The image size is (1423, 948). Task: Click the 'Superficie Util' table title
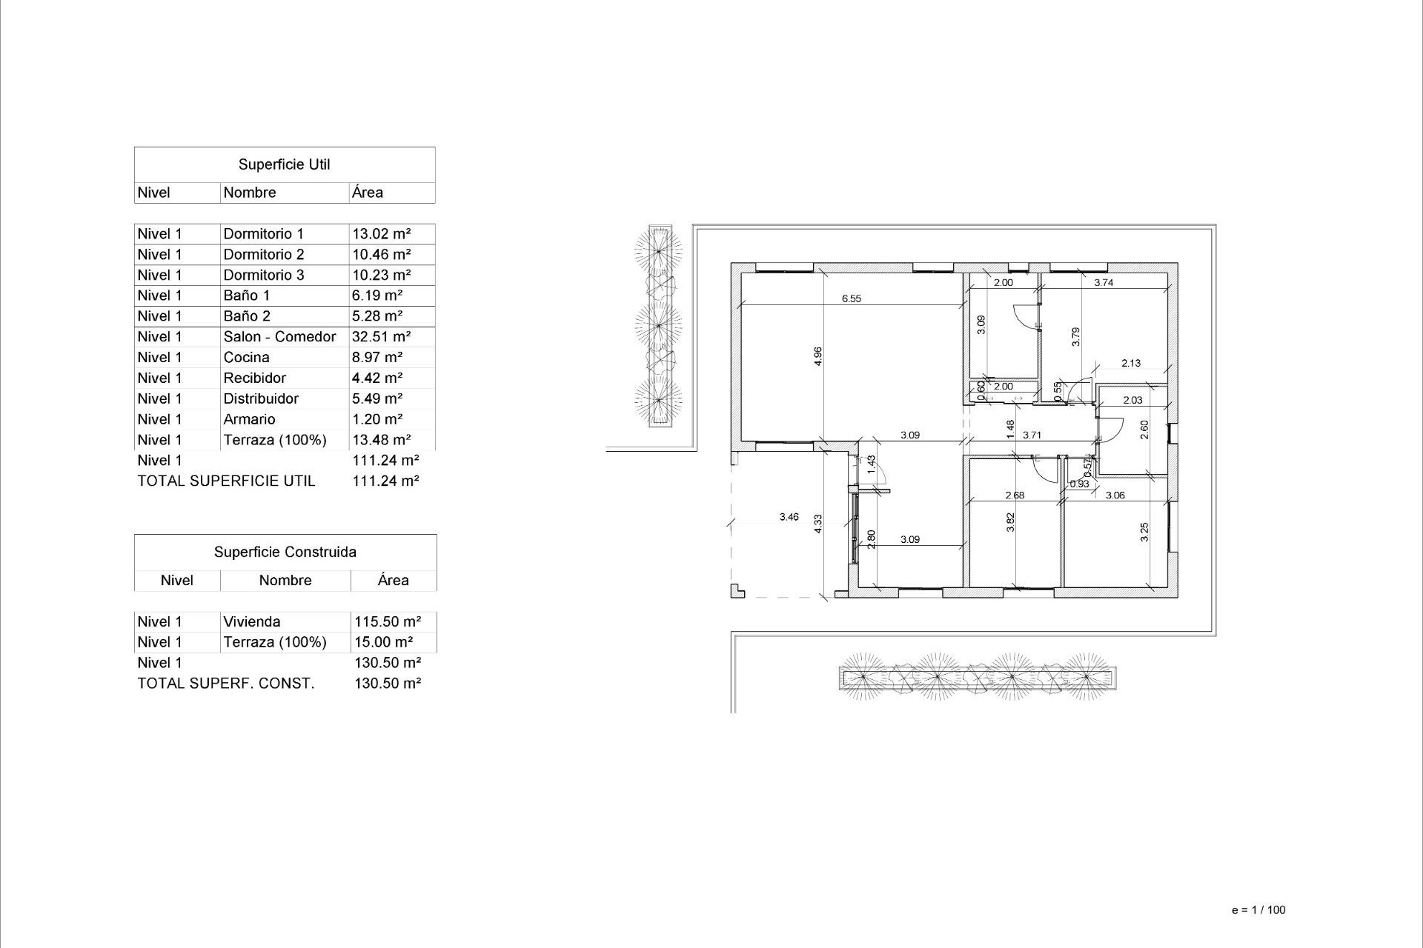pos(284,164)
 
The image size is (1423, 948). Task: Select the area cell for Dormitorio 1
pos(381,234)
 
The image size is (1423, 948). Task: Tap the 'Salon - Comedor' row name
pos(279,337)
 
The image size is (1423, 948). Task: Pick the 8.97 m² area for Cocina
pos(377,358)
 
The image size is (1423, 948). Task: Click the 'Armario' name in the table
pos(249,419)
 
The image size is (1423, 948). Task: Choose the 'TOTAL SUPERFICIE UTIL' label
pos(226,481)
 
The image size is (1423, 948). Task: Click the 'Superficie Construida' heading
pos(285,552)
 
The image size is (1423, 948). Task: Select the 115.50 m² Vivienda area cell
pos(387,622)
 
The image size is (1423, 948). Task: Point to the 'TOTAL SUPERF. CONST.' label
pos(225,684)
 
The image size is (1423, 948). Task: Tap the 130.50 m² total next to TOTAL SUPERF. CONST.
pos(387,684)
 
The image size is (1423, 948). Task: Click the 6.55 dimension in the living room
pos(851,298)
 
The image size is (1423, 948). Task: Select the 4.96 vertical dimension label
pos(818,356)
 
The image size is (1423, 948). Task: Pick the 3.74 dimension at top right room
pos(1104,282)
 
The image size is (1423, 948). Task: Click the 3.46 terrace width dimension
pos(789,517)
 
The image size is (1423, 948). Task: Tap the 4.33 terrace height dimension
pos(818,524)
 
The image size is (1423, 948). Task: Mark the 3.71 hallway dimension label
pos(1032,435)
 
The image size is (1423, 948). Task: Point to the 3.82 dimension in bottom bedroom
pos(1010,523)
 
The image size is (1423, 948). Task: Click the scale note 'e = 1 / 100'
pos(1258,910)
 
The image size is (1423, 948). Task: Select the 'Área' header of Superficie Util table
pos(367,193)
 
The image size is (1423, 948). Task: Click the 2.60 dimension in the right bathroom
pos(1144,429)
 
